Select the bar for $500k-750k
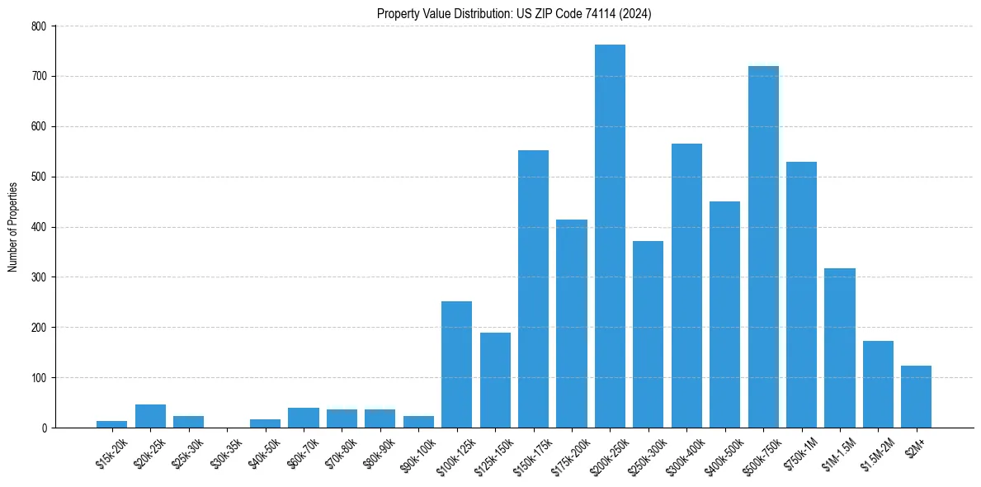pyautogui.click(x=763, y=247)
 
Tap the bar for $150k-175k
pyautogui.click(x=533, y=289)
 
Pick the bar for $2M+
pyautogui.click(x=916, y=396)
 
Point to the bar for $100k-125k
pyautogui.click(x=456, y=364)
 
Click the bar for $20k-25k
pyautogui.click(x=150, y=416)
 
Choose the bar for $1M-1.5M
pyautogui.click(x=840, y=348)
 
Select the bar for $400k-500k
pyautogui.click(x=724, y=314)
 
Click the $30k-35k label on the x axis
pyautogui.click(x=227, y=452)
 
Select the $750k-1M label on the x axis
pyautogui.click(x=800, y=452)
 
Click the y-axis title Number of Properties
pyautogui.click(x=13, y=227)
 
